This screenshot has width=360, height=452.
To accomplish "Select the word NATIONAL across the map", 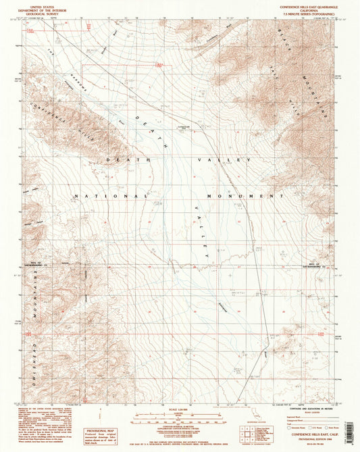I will (x=111, y=196).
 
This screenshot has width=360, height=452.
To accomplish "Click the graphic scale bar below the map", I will (x=179, y=418).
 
